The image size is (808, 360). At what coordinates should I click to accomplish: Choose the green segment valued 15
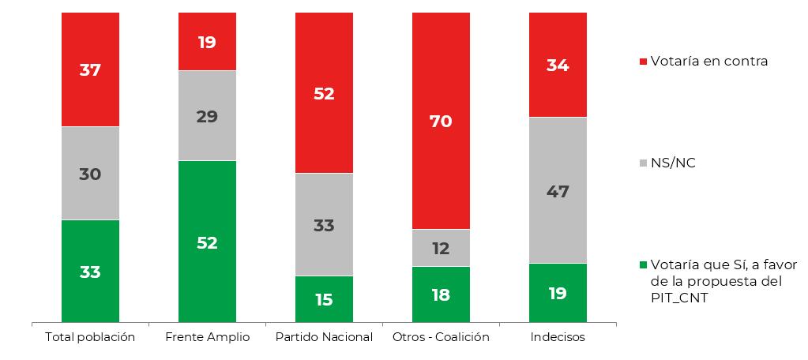pyautogui.click(x=324, y=299)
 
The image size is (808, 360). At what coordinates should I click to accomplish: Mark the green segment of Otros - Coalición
pyautogui.click(x=441, y=294)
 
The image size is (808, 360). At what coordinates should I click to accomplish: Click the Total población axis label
pyautogui.click(x=90, y=337)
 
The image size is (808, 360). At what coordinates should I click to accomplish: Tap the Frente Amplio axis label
pyautogui.click(x=207, y=337)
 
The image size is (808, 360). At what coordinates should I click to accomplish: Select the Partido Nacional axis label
pyautogui.click(x=324, y=337)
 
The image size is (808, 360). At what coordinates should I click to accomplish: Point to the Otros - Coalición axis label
pyautogui.click(x=441, y=337)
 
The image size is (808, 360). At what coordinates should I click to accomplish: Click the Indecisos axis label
pyautogui.click(x=558, y=337)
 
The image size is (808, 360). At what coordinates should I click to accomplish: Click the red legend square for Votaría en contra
pyautogui.click(x=642, y=62)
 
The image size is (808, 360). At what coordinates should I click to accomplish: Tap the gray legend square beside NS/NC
pyautogui.click(x=642, y=163)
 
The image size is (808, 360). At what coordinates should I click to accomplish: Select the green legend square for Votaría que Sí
pyautogui.click(x=642, y=264)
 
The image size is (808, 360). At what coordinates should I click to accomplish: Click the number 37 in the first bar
pyautogui.click(x=90, y=69)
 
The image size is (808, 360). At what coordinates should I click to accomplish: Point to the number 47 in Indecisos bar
pyautogui.click(x=558, y=191)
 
